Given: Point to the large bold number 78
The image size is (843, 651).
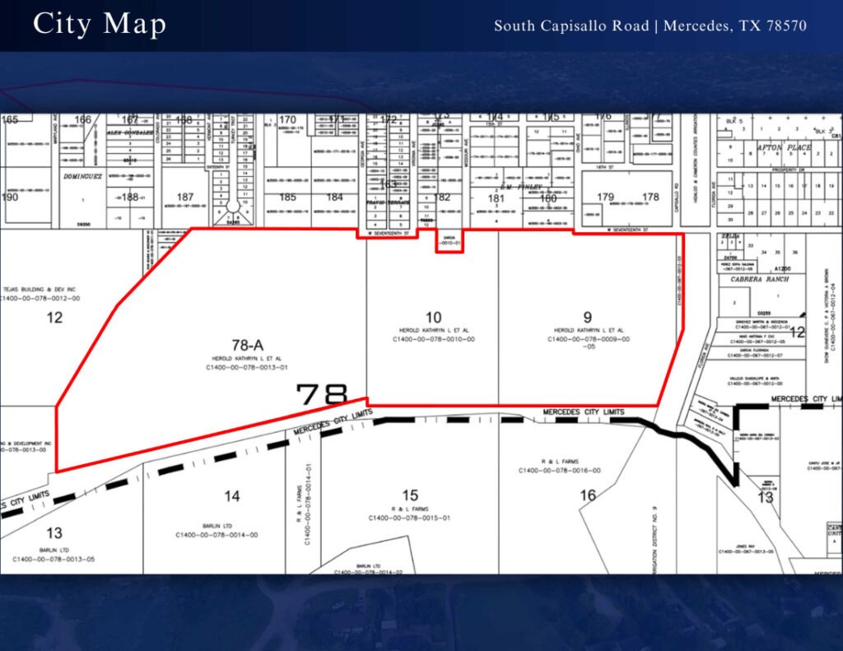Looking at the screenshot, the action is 322,394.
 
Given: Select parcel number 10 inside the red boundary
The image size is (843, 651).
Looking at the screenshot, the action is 433,318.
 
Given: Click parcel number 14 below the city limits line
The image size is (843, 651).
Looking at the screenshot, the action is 232,495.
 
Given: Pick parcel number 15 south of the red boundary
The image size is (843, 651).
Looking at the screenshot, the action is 410,495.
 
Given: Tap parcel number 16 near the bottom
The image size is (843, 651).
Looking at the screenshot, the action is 587,495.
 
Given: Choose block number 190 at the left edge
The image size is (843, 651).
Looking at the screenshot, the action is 10,197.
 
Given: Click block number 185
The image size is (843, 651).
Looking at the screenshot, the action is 287,197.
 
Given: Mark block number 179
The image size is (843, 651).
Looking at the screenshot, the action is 605,197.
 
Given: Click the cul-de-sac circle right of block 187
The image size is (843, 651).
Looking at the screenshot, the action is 233,205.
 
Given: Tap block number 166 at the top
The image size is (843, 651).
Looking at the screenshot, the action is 83,120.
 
